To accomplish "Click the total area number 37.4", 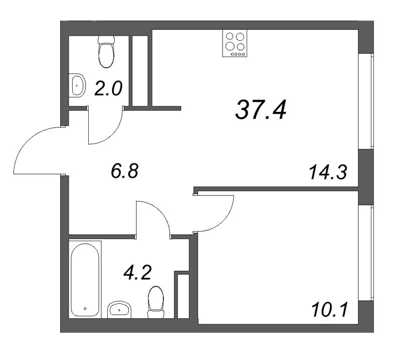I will point(261,109).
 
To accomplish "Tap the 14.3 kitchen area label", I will point(328,173).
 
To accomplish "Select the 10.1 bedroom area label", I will point(328,306).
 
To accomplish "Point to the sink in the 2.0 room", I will point(77,86).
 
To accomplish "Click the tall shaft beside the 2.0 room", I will point(140,70).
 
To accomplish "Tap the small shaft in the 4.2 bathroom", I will point(183,296).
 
